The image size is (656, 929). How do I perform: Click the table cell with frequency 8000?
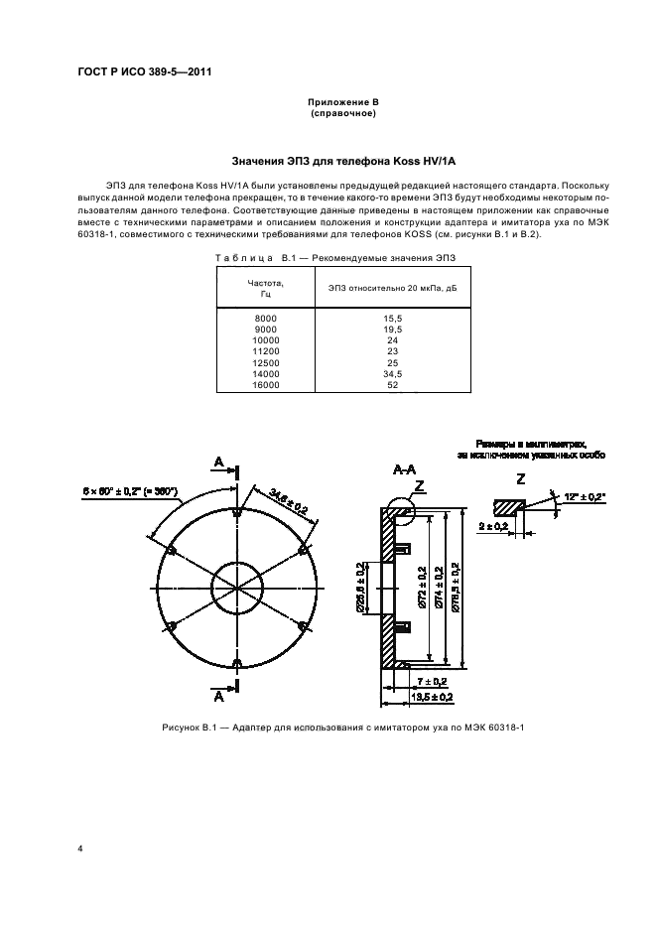click(x=266, y=319)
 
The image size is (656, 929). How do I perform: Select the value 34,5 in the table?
click(x=392, y=374)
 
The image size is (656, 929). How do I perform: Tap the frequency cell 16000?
click(x=266, y=384)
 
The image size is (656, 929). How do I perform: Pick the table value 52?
click(x=392, y=384)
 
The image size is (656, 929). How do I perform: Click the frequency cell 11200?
click(x=266, y=351)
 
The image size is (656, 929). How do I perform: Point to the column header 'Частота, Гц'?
click(x=266, y=289)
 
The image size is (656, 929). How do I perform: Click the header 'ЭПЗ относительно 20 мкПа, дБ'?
click(x=392, y=289)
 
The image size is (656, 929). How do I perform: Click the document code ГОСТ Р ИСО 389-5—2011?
click(x=145, y=71)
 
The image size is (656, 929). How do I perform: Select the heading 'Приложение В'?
click(x=342, y=103)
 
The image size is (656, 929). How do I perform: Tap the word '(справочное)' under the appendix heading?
click(x=342, y=114)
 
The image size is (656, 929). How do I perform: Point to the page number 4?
click(x=80, y=848)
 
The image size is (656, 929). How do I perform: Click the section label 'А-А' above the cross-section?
click(x=404, y=468)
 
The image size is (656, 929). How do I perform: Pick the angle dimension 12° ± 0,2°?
click(x=583, y=493)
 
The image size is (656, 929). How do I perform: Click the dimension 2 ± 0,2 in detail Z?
click(x=492, y=525)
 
